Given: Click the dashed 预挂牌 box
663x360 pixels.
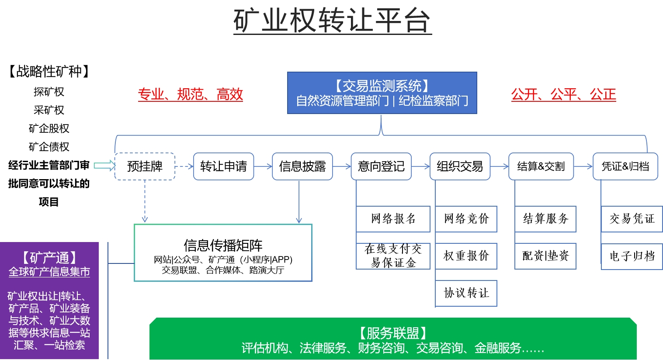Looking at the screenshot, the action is point(145,166).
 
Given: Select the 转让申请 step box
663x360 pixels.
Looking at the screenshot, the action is point(223,166).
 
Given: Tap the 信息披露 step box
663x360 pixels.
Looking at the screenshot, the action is point(302,166).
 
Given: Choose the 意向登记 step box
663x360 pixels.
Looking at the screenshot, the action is point(381,166).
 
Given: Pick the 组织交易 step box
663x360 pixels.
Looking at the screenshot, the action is point(460,166).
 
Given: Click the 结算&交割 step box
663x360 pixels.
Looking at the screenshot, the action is point(541,166).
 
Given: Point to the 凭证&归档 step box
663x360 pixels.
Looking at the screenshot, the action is point(625,166).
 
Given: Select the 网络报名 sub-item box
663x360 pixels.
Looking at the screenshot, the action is point(393,219).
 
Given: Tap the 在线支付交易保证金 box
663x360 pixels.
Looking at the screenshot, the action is point(393,256).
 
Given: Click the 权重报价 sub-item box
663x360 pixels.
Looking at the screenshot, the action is point(466,256).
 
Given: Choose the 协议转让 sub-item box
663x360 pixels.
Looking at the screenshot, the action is point(466,293).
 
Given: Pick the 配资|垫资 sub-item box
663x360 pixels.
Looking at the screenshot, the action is point(545,256).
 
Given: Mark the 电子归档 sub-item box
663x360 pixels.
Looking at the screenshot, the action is point(632,256).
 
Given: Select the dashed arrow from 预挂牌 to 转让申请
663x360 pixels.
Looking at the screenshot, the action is point(184,166).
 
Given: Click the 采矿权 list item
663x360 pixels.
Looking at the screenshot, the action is point(49,110).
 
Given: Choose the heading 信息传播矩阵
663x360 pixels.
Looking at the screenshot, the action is point(223,245).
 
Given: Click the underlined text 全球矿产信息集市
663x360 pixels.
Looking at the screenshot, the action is point(49,272).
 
